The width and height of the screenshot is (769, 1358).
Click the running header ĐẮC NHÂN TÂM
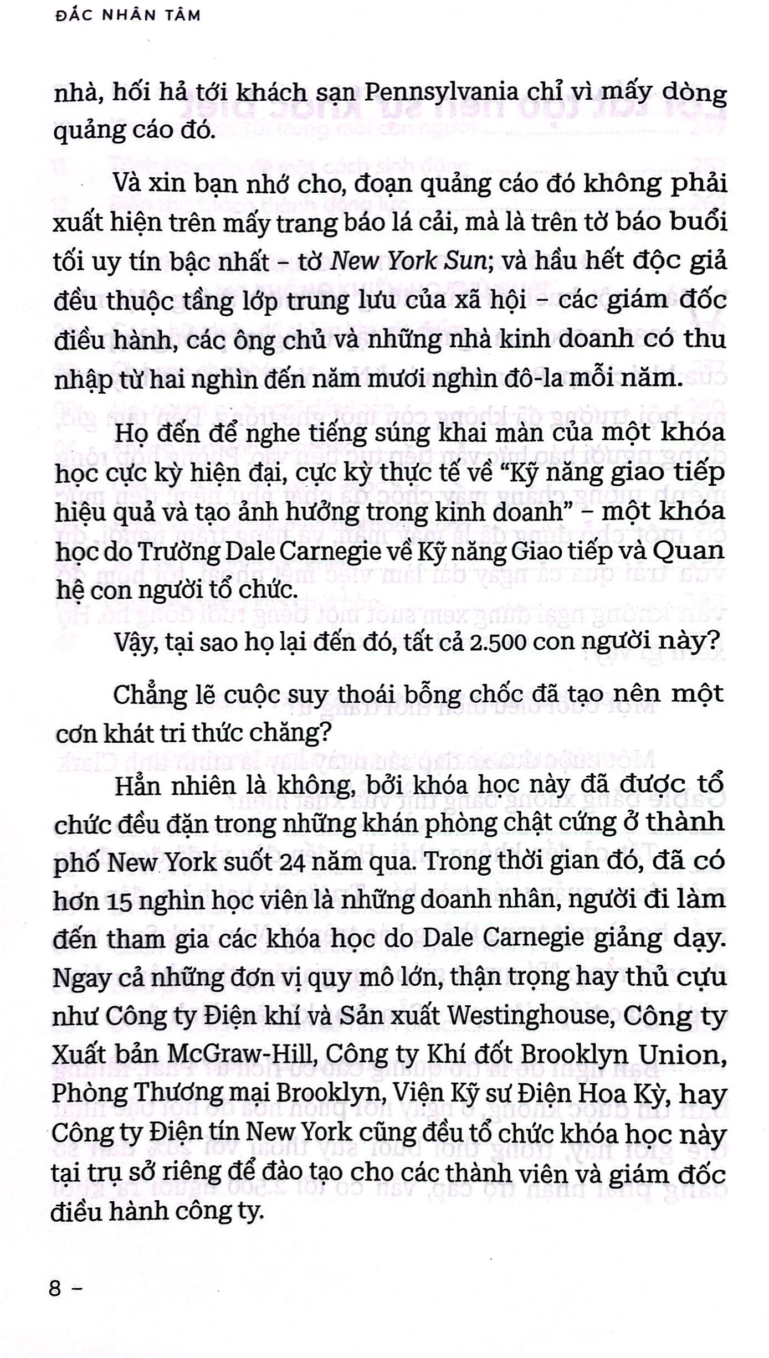click(129, 15)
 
